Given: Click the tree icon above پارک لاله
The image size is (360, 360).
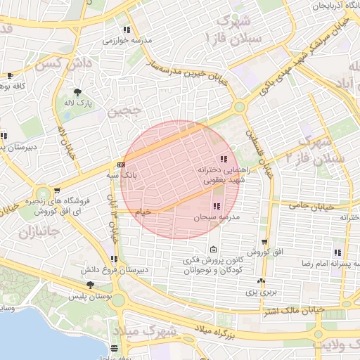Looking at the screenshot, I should [77, 92].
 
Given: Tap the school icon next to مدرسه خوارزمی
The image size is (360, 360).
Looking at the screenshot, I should [127, 30].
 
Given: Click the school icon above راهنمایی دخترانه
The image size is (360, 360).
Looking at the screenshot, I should [224, 159].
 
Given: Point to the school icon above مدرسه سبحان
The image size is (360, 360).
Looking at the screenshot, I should [216, 206].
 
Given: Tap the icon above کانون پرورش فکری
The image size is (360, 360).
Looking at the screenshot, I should [213, 250].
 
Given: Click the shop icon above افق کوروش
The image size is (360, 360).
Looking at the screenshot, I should [264, 242].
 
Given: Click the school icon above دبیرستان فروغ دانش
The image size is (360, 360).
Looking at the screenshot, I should [115, 239].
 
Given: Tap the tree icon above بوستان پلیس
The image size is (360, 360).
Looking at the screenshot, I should [90, 285].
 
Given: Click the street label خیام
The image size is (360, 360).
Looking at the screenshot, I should [143, 210].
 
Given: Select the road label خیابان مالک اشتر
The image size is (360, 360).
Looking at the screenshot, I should [295, 309].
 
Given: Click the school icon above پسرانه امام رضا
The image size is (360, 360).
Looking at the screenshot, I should [338, 252].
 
